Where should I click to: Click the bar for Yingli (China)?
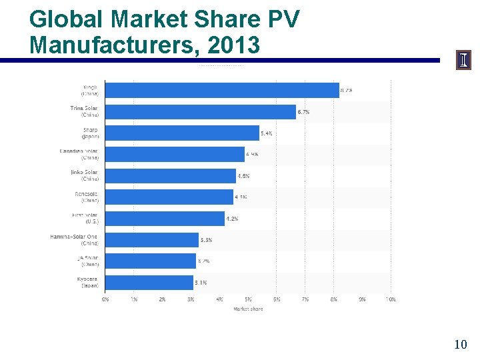click(x=223, y=90)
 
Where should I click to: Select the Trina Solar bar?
click(x=201, y=111)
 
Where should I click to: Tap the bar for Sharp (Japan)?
click(x=183, y=133)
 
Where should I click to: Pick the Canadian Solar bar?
click(x=175, y=154)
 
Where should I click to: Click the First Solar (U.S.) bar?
click(x=165, y=218)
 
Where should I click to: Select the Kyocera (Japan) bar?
click(x=149, y=281)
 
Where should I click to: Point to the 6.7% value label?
click(x=303, y=112)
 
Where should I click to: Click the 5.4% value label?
click(x=267, y=133)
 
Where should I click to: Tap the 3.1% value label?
click(x=201, y=282)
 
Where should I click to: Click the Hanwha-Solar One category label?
click(x=74, y=240)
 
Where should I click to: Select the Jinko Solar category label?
click(x=83, y=176)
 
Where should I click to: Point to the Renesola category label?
click(x=86, y=197)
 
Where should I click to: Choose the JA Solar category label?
click(x=87, y=261)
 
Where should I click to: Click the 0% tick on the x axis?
click(x=105, y=299)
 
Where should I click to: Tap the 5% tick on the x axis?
click(x=248, y=299)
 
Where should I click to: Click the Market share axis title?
click(x=248, y=309)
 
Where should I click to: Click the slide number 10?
click(x=460, y=344)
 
